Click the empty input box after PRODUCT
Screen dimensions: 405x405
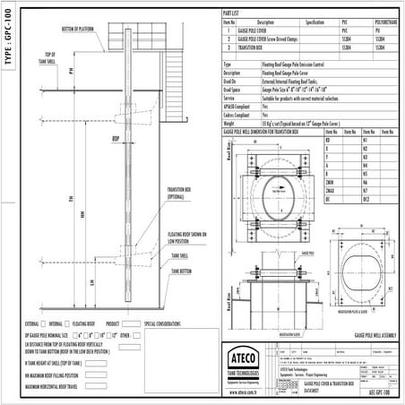(x=131, y=323)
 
